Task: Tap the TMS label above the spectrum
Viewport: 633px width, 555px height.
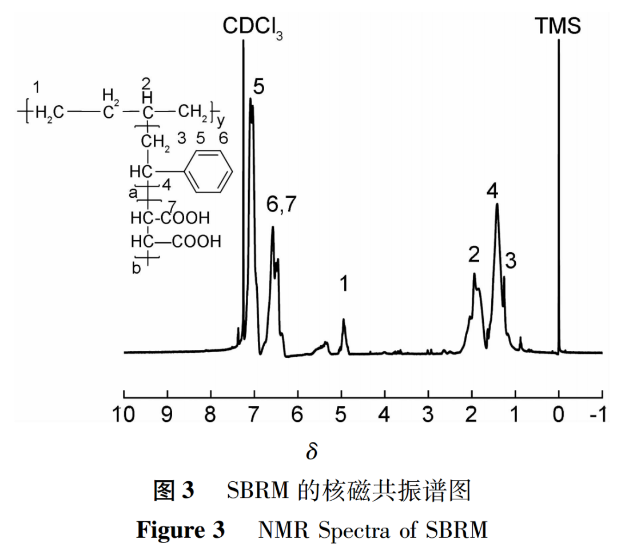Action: coord(558,26)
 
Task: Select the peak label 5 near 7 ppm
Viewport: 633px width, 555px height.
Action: coord(258,87)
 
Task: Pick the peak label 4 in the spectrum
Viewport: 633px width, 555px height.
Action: coord(492,191)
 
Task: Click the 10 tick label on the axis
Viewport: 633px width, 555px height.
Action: coord(124,414)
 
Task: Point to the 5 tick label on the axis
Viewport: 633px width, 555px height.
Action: coord(341,414)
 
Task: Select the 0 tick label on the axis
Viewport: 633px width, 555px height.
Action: coord(559,414)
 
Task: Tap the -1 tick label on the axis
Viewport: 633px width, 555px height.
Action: coord(598,414)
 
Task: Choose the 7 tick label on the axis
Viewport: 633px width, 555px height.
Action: coord(254,414)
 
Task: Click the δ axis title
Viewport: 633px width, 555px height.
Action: coord(311,452)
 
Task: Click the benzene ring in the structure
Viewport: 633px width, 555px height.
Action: coord(210,171)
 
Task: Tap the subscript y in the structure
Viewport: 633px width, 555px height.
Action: coord(221,120)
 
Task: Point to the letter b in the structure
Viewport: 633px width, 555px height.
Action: coord(136,269)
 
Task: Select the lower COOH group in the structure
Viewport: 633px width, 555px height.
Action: coord(196,241)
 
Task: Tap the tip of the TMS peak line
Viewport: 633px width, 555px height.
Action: coord(558,41)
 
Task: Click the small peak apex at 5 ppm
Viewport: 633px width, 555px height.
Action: coord(344,320)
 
